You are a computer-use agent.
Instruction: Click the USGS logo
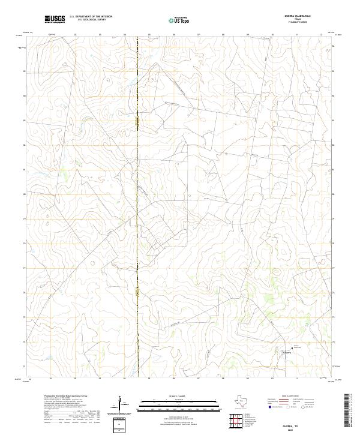55,19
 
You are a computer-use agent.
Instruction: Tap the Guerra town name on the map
287,353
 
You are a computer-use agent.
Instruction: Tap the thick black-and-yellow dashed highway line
138,180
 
